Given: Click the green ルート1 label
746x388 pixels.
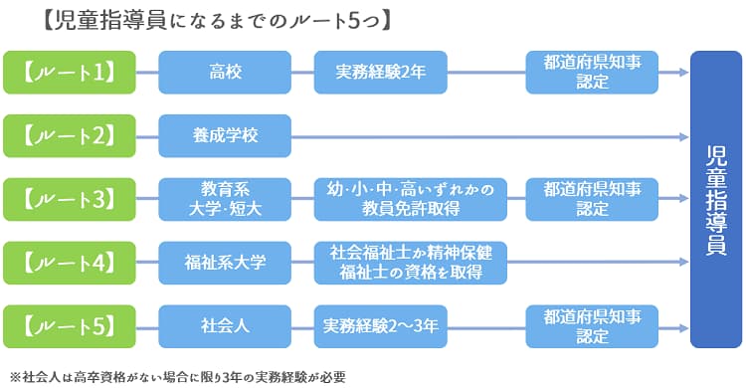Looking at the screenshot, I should (74, 72).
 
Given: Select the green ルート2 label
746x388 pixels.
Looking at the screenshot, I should (74, 135).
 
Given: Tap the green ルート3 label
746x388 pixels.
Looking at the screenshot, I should (74, 199).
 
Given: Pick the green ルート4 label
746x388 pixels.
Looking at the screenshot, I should (74, 263).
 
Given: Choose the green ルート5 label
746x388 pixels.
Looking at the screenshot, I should (74, 326).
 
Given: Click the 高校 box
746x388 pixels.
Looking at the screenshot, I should (225, 72).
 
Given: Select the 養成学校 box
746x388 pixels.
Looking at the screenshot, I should (225, 135).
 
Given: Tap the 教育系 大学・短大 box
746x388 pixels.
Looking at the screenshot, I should (225, 199).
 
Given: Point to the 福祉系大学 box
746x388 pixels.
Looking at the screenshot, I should (225, 263).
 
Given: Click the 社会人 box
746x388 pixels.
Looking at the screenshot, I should (225, 326).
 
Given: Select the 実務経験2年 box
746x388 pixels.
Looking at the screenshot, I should (380, 72).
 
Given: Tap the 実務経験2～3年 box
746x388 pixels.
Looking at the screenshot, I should (380, 326).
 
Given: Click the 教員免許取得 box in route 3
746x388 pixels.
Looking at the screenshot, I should (410, 199).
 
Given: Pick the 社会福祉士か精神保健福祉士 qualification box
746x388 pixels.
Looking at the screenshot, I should (410, 263).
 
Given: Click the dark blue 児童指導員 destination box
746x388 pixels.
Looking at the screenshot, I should (715, 199).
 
